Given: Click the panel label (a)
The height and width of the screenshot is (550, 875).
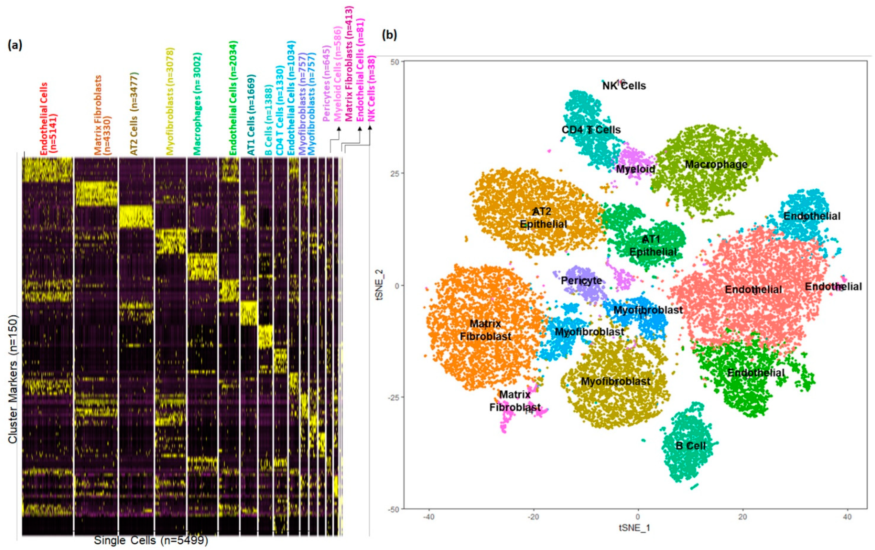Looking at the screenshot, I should [x=15, y=45].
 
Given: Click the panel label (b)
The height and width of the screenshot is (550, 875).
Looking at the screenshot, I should [x=389, y=35].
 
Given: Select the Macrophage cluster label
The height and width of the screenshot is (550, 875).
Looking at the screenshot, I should [x=716, y=164].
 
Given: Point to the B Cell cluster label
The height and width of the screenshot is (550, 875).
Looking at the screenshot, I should [x=690, y=446].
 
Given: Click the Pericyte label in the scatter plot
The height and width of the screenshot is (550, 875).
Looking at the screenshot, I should [x=581, y=281].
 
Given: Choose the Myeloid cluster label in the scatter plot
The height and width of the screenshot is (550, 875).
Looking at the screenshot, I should [x=636, y=169].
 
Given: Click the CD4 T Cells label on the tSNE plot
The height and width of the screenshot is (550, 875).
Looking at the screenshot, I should [x=591, y=130].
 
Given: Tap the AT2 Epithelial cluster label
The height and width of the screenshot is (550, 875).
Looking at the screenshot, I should [x=543, y=218].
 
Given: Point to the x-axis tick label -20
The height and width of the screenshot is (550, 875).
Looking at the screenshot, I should [x=533, y=517].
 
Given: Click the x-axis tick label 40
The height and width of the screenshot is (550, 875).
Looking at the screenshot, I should [x=847, y=517].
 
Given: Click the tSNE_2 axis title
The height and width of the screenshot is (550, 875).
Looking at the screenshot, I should [x=380, y=285].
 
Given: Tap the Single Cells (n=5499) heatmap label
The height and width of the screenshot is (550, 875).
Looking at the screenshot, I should [x=151, y=540].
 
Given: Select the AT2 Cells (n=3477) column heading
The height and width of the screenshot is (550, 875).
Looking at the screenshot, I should [x=134, y=114].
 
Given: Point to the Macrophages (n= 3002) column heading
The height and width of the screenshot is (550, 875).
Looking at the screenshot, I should [x=197, y=104].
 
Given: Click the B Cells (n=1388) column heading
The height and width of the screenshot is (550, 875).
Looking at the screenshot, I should [x=268, y=120].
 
